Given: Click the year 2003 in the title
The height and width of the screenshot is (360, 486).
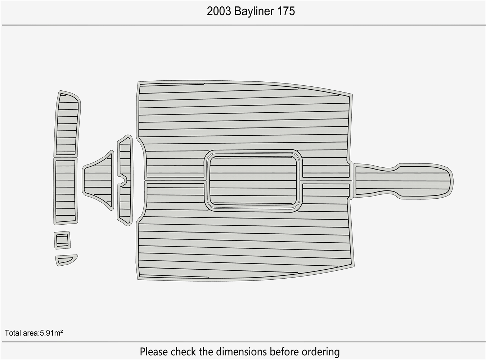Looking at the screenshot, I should click(x=219, y=11).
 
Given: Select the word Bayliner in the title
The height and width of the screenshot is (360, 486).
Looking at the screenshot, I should click(x=254, y=11).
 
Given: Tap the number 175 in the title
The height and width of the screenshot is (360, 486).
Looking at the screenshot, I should click(x=286, y=11).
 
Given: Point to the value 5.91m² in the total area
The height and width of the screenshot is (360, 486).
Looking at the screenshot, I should click(x=51, y=333).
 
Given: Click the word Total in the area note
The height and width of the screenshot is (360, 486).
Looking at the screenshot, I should click(x=13, y=333).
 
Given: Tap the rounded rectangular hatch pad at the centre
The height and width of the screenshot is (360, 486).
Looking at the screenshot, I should click(x=253, y=180).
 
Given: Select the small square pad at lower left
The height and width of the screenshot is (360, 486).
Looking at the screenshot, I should click(x=62, y=240).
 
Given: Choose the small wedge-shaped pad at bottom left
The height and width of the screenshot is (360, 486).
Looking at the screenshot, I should click(x=66, y=260).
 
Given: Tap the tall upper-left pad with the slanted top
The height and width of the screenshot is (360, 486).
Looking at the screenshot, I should click(x=67, y=124).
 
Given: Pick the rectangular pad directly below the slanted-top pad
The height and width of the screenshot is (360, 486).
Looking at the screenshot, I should click(x=66, y=191).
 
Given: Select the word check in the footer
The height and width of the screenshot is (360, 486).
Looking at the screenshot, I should click(x=184, y=351).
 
